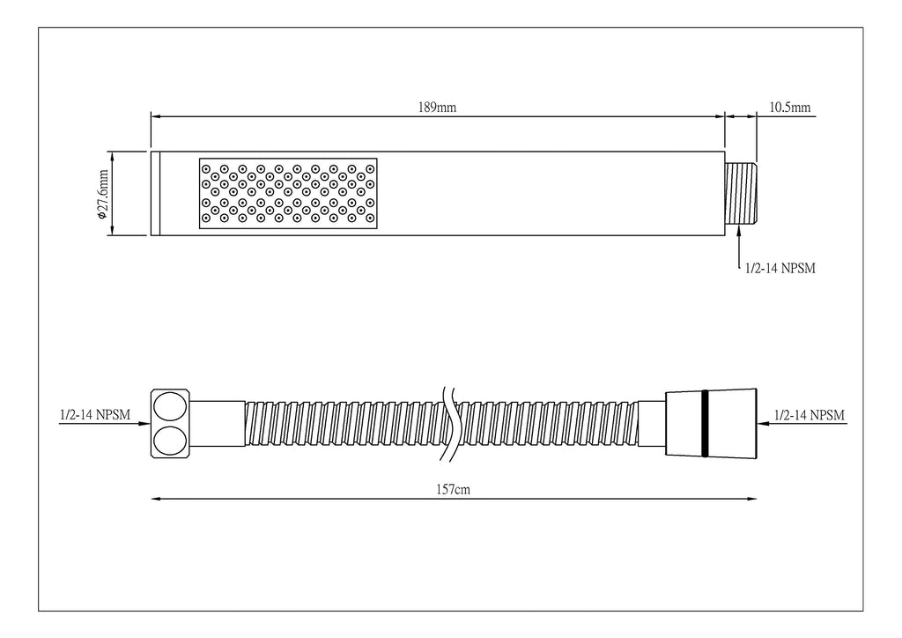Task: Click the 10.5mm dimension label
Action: click(790, 108)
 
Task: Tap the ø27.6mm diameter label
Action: click(103, 195)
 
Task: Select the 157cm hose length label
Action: click(454, 490)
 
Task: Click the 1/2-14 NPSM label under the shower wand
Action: click(780, 268)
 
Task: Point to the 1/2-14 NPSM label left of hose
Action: click(95, 415)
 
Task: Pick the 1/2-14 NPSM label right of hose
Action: click(810, 415)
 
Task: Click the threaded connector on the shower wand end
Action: click(740, 194)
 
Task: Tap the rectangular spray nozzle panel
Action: click(288, 193)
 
